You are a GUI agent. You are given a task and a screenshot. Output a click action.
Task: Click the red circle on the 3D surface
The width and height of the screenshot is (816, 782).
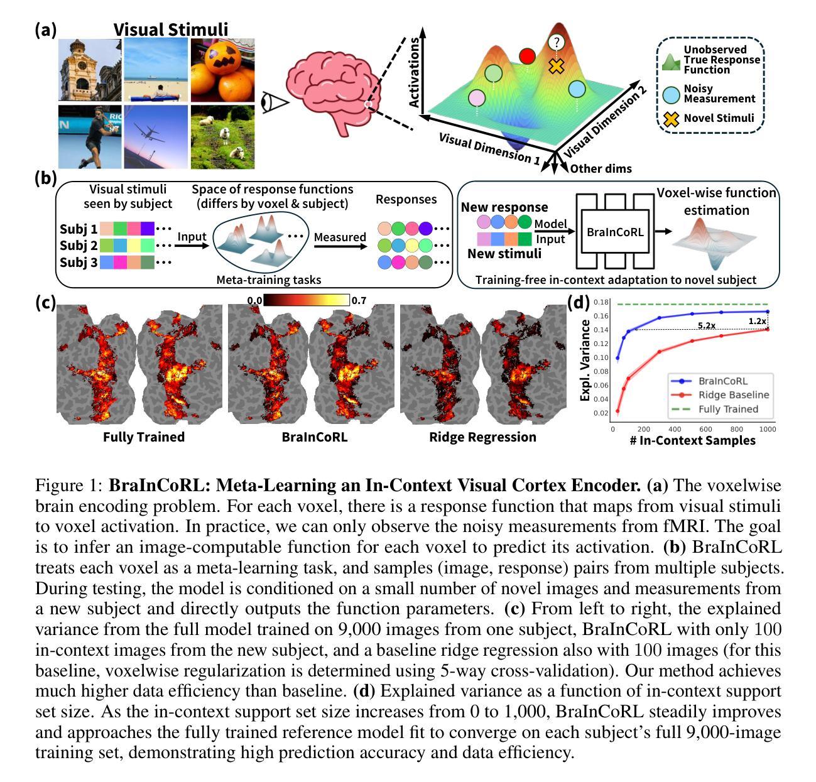528,57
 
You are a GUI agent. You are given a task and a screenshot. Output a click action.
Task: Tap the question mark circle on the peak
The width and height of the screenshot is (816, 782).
556,43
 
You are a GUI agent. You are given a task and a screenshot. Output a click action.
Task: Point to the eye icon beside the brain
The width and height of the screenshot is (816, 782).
275,101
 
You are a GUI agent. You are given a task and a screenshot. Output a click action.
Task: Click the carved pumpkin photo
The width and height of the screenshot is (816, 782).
222,69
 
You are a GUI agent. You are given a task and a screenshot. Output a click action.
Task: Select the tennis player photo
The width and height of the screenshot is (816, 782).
90,136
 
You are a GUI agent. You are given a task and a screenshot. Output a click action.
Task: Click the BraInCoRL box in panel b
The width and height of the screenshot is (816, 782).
615,232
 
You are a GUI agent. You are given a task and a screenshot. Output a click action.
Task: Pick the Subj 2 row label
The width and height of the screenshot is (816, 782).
79,246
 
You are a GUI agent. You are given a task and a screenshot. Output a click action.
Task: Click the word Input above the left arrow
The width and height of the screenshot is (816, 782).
192,237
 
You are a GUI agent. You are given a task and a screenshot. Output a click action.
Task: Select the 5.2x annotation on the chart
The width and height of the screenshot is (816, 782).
707,326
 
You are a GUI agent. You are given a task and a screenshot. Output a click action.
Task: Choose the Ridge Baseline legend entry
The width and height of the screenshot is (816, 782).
733,395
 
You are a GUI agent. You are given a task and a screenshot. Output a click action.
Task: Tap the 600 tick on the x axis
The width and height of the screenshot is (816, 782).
706,430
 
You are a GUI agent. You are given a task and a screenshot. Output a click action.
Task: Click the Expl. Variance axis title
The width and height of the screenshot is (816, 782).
585,360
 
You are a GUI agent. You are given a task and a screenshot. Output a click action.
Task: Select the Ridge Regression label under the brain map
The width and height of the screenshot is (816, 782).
482,437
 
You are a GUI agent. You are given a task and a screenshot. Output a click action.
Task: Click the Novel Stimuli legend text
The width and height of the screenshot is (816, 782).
719,117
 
